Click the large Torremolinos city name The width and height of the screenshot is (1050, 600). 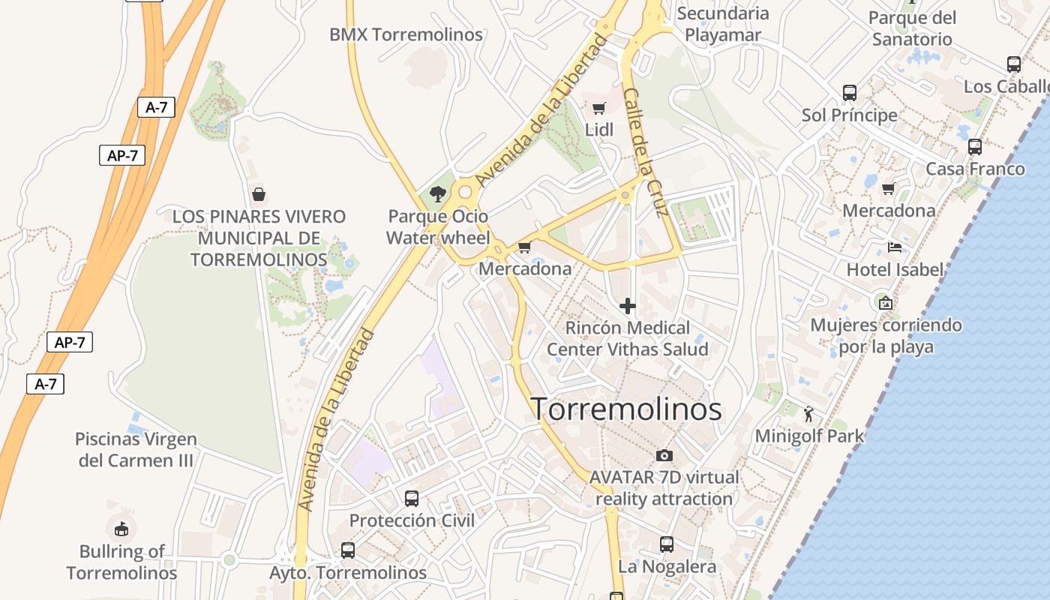(626, 409)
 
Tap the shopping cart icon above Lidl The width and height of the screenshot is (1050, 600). (598, 109)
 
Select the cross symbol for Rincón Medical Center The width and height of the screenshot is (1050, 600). (628, 306)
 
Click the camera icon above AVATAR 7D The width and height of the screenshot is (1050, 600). (664, 455)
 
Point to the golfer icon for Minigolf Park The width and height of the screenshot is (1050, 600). (808, 414)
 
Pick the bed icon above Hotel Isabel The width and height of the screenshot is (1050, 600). (894, 247)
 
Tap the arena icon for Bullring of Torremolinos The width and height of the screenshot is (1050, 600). (121, 528)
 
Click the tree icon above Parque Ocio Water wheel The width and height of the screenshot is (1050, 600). (438, 194)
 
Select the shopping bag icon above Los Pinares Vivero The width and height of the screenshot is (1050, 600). (259, 195)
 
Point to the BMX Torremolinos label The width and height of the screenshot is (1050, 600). (406, 34)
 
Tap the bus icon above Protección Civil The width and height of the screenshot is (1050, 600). (411, 498)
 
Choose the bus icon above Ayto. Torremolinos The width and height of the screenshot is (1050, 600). (347, 550)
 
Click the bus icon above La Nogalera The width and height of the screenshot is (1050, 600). (666, 544)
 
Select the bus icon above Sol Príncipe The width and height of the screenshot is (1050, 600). (849, 93)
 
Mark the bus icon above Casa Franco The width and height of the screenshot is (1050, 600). (974, 147)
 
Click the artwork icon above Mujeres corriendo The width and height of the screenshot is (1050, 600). (885, 303)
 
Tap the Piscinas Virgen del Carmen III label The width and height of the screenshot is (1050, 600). (136, 449)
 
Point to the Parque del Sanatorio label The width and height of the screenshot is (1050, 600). (912, 28)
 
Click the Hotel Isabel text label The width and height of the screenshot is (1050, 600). (894, 269)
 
